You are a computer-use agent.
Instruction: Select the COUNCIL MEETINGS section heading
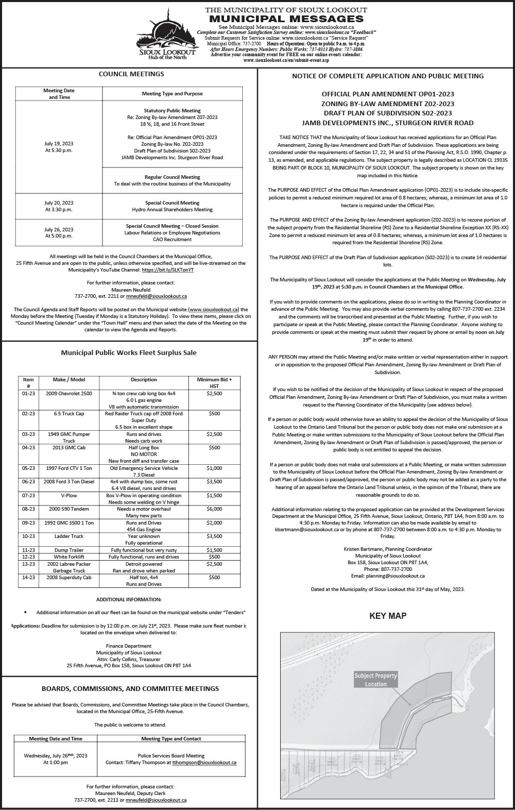tap(131, 74)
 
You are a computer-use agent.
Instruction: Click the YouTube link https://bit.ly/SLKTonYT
tap(168, 269)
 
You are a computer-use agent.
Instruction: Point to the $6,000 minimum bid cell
tap(214, 509)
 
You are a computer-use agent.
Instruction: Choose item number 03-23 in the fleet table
tap(28, 434)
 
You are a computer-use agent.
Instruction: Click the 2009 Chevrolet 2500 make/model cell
tap(69, 394)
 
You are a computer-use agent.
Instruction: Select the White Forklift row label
tap(69, 557)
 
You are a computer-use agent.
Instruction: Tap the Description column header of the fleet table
tap(144, 380)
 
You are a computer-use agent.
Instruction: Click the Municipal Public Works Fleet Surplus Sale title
tap(129, 353)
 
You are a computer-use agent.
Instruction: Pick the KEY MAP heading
tap(388, 616)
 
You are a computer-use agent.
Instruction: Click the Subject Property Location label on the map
tap(375, 680)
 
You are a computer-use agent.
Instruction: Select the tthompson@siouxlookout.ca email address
tap(204, 762)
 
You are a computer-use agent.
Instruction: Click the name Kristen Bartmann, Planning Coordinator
tap(388, 549)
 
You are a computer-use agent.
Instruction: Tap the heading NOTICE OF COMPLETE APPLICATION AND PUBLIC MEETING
tap(388, 76)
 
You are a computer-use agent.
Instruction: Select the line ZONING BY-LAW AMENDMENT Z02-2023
tap(388, 104)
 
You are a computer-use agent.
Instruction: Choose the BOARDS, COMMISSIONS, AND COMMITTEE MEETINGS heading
tap(130, 688)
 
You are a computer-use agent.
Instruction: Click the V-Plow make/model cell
tap(69, 495)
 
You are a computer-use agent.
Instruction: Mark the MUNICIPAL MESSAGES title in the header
tap(286, 19)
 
